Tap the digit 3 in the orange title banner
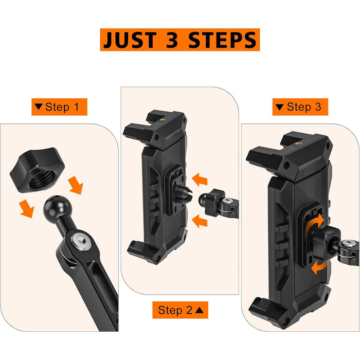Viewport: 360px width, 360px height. [172, 40]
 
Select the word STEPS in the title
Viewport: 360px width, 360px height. [222, 40]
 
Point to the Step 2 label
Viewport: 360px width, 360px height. [180, 310]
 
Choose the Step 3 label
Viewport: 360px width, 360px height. [300, 107]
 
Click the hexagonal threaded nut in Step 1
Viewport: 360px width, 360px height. [37, 170]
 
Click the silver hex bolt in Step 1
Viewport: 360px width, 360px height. [82, 241]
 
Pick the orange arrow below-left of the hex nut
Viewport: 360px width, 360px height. [27, 208]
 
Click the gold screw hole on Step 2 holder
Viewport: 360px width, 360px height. [163, 120]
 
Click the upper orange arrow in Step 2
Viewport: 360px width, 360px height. [200, 179]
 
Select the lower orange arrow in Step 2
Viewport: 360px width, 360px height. [200, 221]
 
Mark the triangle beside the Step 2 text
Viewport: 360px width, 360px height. [200, 310]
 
